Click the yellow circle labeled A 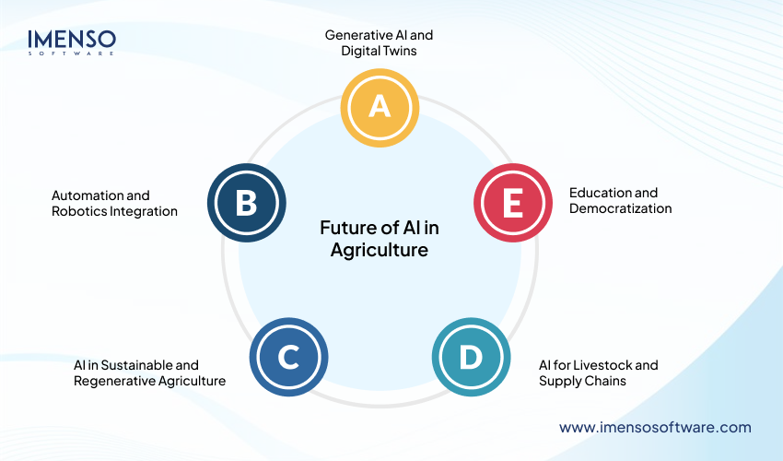tap(379, 107)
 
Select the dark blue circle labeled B tap(246, 203)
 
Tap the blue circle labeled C tap(287, 358)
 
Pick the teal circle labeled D tap(470, 358)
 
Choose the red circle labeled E tap(512, 203)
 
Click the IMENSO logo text tap(72, 39)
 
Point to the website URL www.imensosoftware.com tap(655, 427)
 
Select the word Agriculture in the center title tap(379, 250)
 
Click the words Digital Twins tap(379, 51)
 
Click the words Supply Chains tap(577, 381)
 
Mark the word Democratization tap(620, 208)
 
